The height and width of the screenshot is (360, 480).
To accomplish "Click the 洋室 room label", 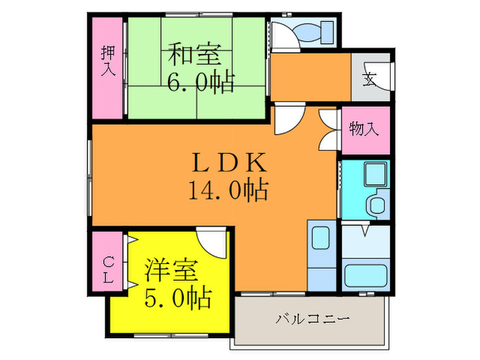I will [171, 269].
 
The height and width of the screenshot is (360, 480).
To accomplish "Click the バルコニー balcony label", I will [313, 320].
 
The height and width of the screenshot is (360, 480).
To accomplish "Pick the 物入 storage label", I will [363, 128].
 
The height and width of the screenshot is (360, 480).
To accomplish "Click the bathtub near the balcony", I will [365, 276].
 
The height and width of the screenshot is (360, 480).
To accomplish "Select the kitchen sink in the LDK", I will [320, 238].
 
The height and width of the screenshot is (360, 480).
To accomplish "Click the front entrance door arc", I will [388, 77].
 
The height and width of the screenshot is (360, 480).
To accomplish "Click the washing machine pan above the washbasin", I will [374, 176].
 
